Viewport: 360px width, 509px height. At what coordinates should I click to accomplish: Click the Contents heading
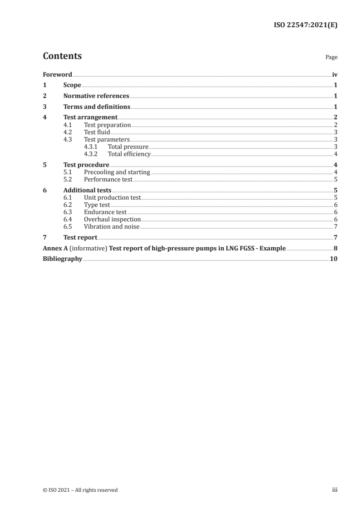click(62, 56)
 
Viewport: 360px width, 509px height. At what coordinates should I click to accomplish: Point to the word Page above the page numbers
click(331, 58)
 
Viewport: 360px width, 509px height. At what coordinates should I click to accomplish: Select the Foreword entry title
click(57, 74)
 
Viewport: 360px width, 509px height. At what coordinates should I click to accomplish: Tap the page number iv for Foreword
click(335, 74)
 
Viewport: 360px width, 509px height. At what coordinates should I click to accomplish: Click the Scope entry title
click(72, 85)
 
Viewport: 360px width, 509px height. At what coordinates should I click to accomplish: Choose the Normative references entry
click(96, 96)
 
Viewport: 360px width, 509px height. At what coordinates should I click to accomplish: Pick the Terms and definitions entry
click(97, 107)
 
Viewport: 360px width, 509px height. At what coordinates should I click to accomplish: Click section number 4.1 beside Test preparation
click(68, 125)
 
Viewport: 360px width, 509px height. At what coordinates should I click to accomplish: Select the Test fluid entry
click(97, 132)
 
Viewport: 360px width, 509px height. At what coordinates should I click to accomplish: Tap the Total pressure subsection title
click(128, 147)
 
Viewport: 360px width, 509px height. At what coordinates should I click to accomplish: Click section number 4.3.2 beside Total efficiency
click(92, 154)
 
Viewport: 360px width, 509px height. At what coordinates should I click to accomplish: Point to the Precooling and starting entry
click(117, 172)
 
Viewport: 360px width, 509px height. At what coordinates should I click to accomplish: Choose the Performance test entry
click(108, 179)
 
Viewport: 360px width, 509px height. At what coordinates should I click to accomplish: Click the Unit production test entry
click(113, 197)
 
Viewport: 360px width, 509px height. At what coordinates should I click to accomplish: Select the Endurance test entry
click(105, 212)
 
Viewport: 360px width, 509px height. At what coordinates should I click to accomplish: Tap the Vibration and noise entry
click(112, 226)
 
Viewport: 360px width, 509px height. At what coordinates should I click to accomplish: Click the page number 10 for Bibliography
click(334, 259)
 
